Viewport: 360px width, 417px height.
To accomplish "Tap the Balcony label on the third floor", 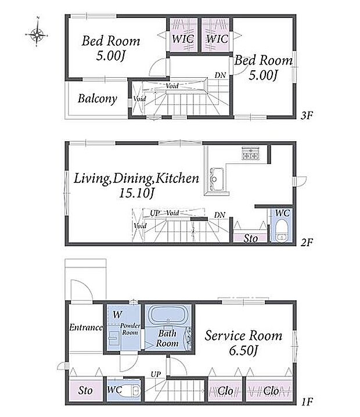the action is pyautogui.click(x=98, y=99).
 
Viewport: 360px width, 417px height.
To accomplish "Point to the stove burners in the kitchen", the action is pyautogui.click(x=250, y=153).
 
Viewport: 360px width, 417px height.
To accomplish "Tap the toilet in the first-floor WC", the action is pyautogui.click(x=131, y=391).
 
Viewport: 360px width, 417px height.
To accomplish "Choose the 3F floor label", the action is pyautogui.click(x=307, y=115).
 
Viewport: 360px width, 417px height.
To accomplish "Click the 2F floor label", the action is pyautogui.click(x=307, y=242).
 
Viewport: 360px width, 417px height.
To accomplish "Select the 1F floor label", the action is pyautogui.click(x=307, y=401).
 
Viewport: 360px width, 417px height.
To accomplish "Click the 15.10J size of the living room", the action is pyautogui.click(x=136, y=193).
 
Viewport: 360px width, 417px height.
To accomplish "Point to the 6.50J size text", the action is pyautogui.click(x=243, y=351).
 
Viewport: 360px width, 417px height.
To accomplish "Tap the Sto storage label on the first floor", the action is pyautogui.click(x=85, y=390).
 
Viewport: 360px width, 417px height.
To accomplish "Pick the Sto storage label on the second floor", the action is pyautogui.click(x=250, y=238).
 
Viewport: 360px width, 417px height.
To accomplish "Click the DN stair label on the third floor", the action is pyautogui.click(x=220, y=76).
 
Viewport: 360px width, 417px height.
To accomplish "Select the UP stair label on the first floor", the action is pyautogui.click(x=156, y=375).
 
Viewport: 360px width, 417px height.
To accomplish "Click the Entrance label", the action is pyautogui.click(x=86, y=328).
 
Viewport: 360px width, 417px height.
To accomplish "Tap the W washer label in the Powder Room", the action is pyautogui.click(x=117, y=315).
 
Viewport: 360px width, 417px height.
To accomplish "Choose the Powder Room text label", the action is pyautogui.click(x=130, y=329).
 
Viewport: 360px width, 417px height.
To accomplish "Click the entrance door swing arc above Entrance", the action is pyautogui.click(x=85, y=285).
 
